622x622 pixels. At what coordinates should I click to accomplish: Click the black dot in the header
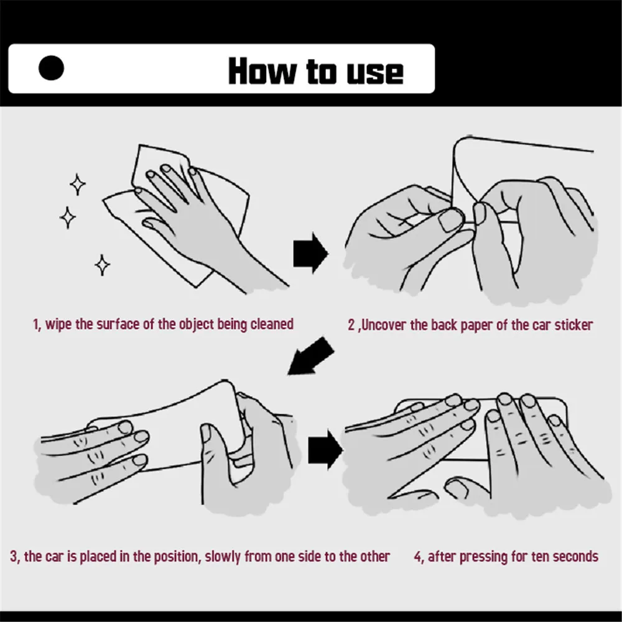[51, 68]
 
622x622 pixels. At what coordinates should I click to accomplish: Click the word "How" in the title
[262, 71]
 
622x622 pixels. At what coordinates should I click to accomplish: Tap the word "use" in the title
[375, 73]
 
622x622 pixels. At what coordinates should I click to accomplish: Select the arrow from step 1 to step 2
[310, 253]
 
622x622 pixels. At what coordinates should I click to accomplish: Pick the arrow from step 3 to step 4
[325, 450]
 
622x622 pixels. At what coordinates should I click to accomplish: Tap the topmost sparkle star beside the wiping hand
[77, 185]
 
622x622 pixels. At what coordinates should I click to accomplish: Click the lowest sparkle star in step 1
[103, 265]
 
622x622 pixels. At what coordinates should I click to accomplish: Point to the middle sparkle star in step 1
[67, 218]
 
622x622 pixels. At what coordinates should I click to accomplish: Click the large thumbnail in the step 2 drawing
[450, 220]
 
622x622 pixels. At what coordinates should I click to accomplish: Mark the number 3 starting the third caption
[14, 557]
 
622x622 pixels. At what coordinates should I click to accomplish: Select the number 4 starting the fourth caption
[418, 557]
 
